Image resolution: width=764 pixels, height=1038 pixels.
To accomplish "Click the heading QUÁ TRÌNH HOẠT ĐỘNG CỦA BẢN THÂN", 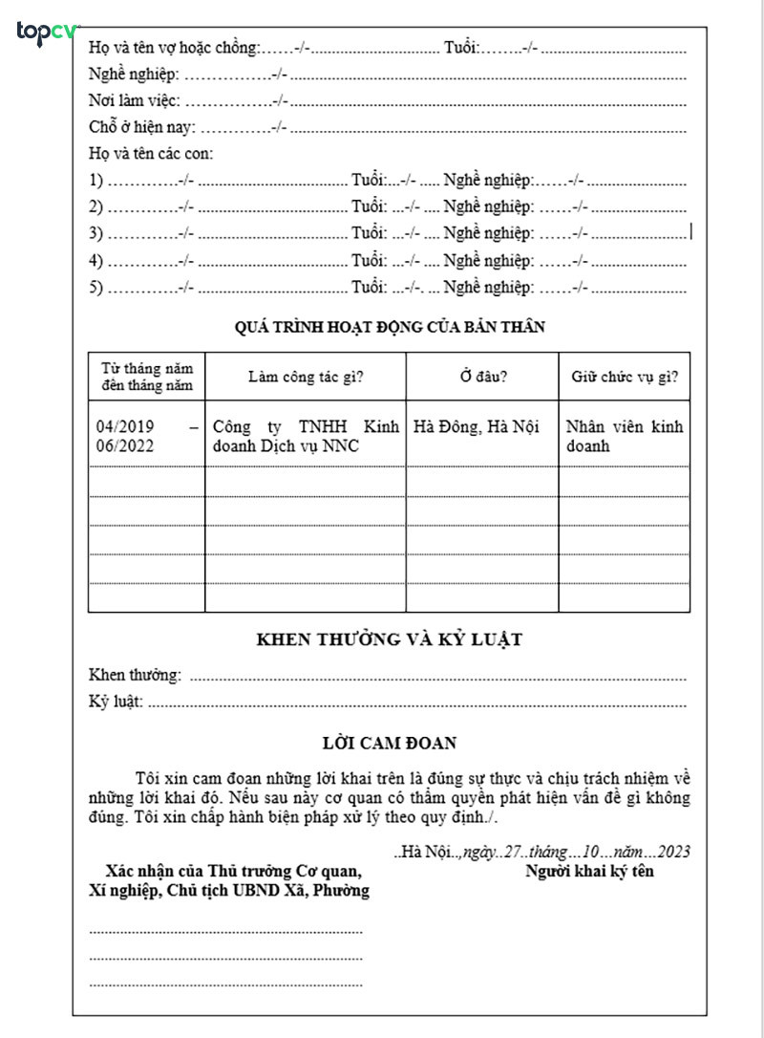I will click(390, 327).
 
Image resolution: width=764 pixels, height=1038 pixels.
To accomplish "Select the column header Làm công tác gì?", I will click(305, 377).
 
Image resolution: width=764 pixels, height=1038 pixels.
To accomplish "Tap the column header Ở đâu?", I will click(483, 377).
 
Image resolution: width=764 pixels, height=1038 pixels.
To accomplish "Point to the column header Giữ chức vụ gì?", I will click(625, 377).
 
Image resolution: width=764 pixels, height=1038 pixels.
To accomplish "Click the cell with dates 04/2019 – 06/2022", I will click(147, 435).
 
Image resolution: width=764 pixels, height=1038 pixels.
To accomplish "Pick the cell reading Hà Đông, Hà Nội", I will click(477, 426).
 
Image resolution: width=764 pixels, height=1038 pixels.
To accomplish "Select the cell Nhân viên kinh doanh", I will click(625, 435).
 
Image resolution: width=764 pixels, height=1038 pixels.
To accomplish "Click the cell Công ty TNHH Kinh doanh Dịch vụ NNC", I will click(305, 435).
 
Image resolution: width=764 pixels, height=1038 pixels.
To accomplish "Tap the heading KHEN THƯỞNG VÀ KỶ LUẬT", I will click(390, 639).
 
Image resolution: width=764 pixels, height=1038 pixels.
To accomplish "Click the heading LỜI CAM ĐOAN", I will click(390, 742).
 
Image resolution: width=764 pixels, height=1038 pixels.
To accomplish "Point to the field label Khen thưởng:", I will click(135, 676).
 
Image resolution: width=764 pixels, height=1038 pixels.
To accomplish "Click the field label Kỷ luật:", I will click(116, 703).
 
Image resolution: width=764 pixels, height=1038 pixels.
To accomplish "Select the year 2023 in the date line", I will click(673, 852).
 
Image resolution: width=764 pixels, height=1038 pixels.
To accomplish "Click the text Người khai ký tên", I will click(589, 872).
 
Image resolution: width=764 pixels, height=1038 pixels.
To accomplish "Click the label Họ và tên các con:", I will click(151, 153).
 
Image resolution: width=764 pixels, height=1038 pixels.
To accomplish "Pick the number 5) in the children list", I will click(95, 287).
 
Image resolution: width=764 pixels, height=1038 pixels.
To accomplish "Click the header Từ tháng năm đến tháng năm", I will click(147, 377).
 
